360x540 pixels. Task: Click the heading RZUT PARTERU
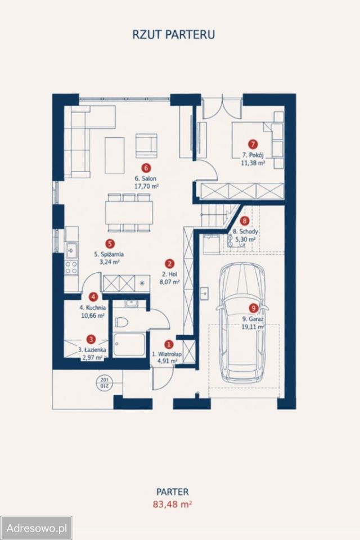pos(174,35)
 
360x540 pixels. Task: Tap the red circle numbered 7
pos(253,145)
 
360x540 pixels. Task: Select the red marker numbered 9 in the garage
pos(253,308)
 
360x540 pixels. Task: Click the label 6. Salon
pos(145,178)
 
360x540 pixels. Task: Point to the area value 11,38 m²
pos(253,163)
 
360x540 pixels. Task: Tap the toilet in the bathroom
pos(121,322)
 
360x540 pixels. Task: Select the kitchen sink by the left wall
pos(71,250)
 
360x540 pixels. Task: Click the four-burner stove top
pos(71,268)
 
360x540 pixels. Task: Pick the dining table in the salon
pos(129,213)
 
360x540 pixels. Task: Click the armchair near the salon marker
pos(146,144)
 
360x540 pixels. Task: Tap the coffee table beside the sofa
pos(114,155)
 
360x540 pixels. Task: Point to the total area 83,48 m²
pos(172,504)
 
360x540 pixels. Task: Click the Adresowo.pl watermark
pos(36,528)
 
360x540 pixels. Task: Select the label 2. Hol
pos(169,274)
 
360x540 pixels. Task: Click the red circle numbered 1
pos(168,344)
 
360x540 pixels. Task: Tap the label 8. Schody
pos(245,231)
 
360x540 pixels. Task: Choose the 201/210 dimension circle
pos(103,382)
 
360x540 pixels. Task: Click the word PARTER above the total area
pos(173,492)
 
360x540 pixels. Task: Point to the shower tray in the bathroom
pos(129,345)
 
